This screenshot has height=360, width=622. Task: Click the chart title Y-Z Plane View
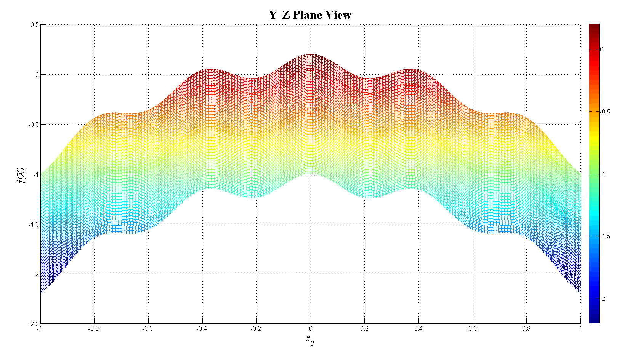click(x=310, y=15)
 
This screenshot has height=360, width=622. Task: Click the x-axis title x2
click(x=310, y=340)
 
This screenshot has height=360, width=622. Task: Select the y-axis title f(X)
click(x=21, y=175)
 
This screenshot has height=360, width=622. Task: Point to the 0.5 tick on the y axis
click(x=35, y=25)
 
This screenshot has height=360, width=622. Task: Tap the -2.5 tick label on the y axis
click(x=34, y=324)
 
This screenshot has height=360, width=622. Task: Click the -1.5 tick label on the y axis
click(x=34, y=224)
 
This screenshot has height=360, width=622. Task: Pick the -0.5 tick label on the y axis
click(x=34, y=125)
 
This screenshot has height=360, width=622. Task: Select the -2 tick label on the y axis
click(x=35, y=274)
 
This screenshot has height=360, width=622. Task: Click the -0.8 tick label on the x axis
click(x=93, y=329)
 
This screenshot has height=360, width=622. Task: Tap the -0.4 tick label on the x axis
click(x=202, y=329)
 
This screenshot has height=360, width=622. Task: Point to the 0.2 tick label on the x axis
click(x=364, y=329)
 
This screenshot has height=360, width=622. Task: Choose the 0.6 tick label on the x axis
click(x=473, y=329)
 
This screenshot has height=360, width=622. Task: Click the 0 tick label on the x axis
click(x=311, y=329)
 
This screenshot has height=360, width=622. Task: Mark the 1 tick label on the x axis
click(x=580, y=329)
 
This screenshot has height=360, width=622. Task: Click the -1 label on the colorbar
click(x=603, y=174)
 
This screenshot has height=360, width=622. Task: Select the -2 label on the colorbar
click(x=603, y=299)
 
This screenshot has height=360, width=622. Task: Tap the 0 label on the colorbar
click(x=602, y=50)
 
